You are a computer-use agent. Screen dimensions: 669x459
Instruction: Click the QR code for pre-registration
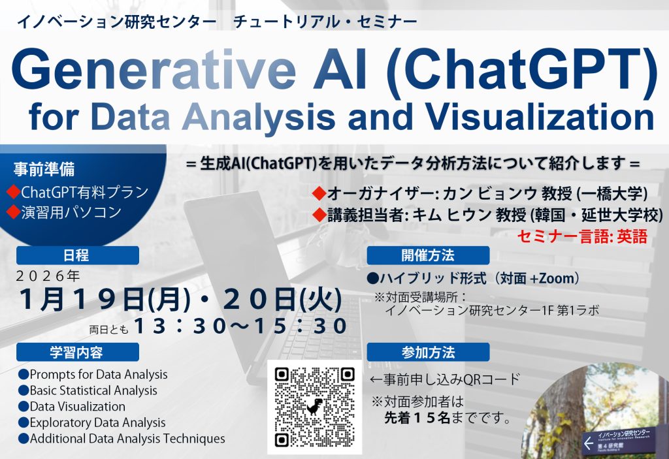315,407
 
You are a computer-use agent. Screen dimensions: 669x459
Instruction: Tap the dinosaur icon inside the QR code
315,407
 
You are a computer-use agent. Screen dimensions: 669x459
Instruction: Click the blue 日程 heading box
78,255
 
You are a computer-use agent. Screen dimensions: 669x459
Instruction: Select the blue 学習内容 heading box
78,353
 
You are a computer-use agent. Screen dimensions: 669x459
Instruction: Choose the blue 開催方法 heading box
428,255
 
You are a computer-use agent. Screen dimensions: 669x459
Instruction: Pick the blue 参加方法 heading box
428,353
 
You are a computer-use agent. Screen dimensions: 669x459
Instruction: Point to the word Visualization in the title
541,116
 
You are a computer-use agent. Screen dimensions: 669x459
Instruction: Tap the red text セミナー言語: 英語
582,236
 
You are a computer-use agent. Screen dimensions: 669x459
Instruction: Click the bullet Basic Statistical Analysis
88,390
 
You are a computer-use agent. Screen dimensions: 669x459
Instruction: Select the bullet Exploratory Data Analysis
92,422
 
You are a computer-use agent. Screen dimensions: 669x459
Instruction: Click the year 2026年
48,276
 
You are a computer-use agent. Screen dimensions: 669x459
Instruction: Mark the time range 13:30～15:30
241,326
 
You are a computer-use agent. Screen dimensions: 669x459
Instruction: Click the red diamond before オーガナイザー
319,193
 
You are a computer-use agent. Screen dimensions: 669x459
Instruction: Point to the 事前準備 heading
44,169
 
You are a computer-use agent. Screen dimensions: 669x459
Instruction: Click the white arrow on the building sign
589,443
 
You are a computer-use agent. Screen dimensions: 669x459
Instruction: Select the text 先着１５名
417,418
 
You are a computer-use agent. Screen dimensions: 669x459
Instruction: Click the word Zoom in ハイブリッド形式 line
557,278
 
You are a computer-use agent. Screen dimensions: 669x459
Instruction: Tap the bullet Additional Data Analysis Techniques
122,439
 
